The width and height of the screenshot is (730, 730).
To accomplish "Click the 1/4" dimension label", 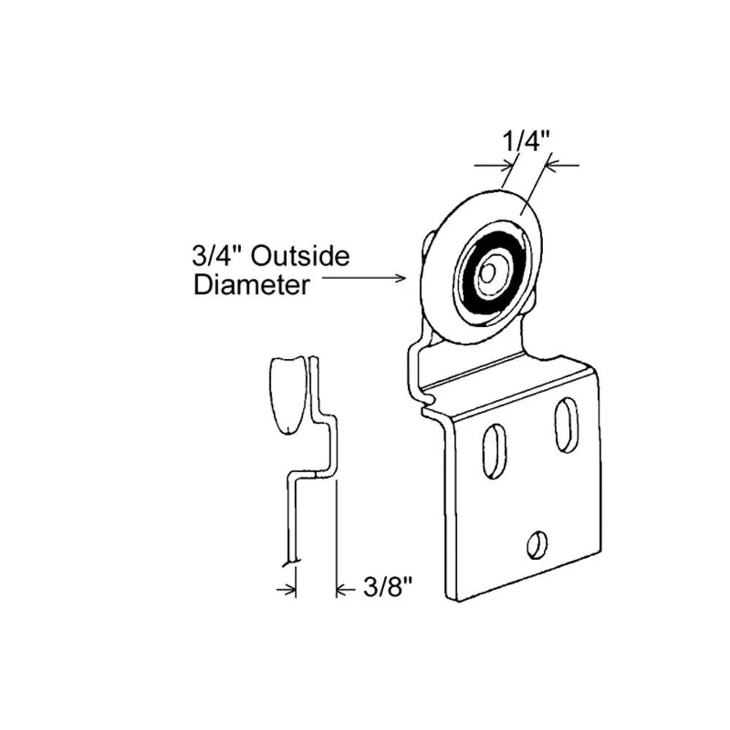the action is (526, 141).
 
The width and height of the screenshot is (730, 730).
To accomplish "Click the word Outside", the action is (300, 256).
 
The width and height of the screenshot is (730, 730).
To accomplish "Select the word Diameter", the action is (251, 284).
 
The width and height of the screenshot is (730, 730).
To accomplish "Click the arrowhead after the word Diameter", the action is (400, 278).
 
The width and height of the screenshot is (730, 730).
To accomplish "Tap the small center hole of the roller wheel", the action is (488, 274).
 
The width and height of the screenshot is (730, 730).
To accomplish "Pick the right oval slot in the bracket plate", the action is (566, 425).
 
